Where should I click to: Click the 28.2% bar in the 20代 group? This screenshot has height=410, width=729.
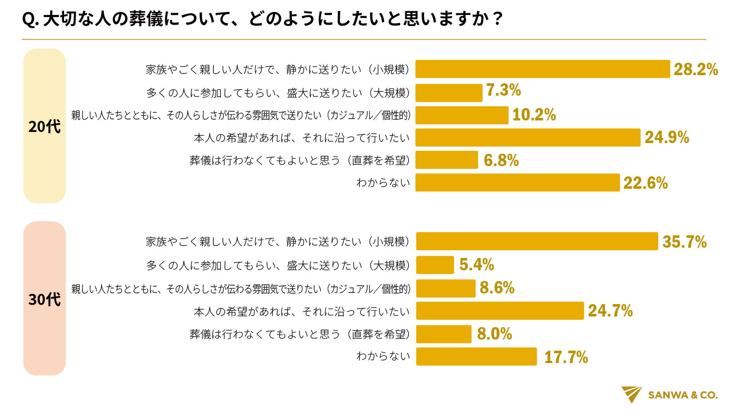pyautogui.click(x=542, y=69)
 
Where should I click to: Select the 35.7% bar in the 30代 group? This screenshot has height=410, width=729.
pyautogui.click(x=537, y=241)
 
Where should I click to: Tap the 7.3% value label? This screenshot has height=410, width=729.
pyautogui.click(x=504, y=91)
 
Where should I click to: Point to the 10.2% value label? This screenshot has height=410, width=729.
pyautogui.click(x=534, y=115)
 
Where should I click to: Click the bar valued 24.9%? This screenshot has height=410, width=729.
pyautogui.click(x=528, y=138)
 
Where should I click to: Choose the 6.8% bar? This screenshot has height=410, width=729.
pyautogui.click(x=447, y=160)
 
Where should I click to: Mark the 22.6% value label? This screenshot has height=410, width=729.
pyautogui.click(x=645, y=183)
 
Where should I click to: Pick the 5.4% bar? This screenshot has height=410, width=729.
pyautogui.click(x=435, y=265)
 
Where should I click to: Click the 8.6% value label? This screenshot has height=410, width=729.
pyautogui.click(x=497, y=288)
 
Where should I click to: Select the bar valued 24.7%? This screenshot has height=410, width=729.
pyautogui.click(x=500, y=311)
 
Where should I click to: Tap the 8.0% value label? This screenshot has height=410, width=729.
pyautogui.click(x=495, y=334)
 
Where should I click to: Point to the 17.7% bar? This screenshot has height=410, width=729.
pyautogui.click(x=476, y=357)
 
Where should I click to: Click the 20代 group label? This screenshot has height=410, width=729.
pyautogui.click(x=44, y=126)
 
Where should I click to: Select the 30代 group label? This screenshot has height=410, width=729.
pyautogui.click(x=44, y=299)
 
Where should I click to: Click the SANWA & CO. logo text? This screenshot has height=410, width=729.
pyautogui.click(x=682, y=395)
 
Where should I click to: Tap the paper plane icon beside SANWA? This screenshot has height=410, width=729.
pyautogui.click(x=632, y=394)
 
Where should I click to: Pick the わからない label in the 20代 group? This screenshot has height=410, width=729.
pyautogui.click(x=383, y=183)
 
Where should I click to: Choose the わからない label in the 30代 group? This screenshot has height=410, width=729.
pyautogui.click(x=383, y=356)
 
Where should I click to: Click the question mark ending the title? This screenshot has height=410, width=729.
pyautogui.click(x=497, y=20)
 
